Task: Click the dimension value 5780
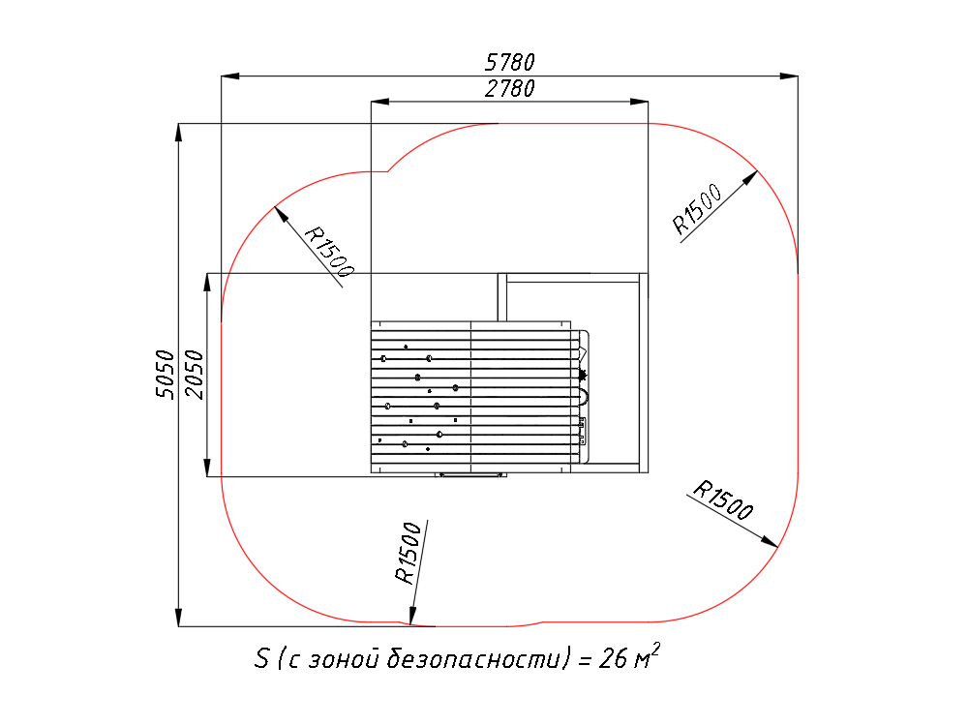[510, 62]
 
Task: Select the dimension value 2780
[510, 89]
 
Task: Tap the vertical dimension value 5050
[165, 374]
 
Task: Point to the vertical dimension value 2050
[194, 374]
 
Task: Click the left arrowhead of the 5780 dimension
[230, 76]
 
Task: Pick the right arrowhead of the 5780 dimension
[789, 76]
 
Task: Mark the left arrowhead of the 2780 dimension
[379, 102]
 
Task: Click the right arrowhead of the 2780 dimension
[639, 102]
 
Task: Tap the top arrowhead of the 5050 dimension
[178, 133]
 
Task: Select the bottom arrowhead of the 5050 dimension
[178, 618]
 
